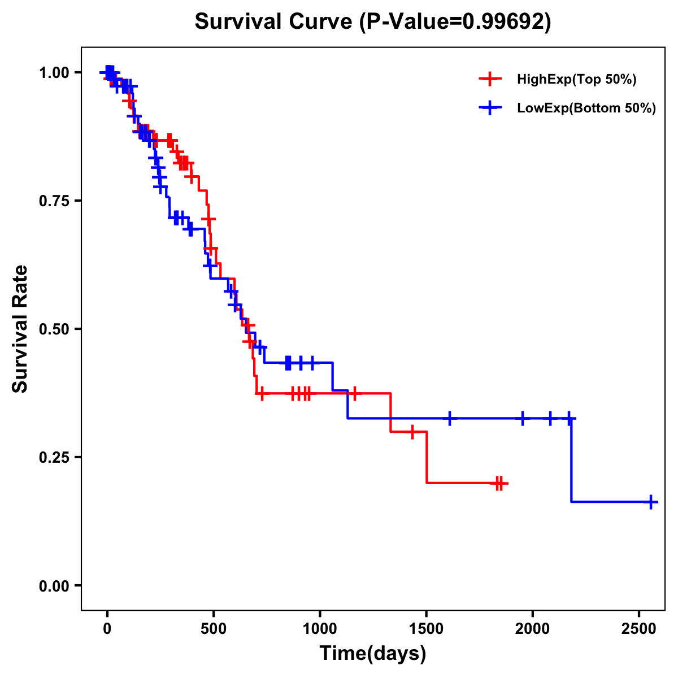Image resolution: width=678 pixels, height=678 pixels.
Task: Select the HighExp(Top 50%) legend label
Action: [x=576, y=79]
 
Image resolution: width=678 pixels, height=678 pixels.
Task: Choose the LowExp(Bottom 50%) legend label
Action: [x=586, y=108]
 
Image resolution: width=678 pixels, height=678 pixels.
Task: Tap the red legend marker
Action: [x=490, y=79]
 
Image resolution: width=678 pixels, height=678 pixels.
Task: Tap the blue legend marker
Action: [x=490, y=108]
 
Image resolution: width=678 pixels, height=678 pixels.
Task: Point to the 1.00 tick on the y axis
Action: [x=55, y=72]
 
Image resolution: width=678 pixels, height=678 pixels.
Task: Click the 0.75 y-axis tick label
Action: [x=55, y=201]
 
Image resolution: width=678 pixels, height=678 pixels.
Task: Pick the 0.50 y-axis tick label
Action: [x=55, y=329]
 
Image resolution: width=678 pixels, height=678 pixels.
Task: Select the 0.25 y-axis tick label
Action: [x=55, y=457]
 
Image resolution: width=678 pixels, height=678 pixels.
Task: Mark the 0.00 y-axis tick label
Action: [x=55, y=585]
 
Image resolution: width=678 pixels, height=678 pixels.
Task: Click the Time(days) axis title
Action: [x=373, y=654]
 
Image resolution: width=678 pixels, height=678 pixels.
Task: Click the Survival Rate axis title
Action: [x=21, y=329]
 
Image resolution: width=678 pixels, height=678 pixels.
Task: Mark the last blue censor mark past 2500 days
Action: [x=651, y=502]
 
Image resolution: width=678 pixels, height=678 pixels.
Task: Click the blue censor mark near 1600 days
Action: [x=450, y=419]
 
